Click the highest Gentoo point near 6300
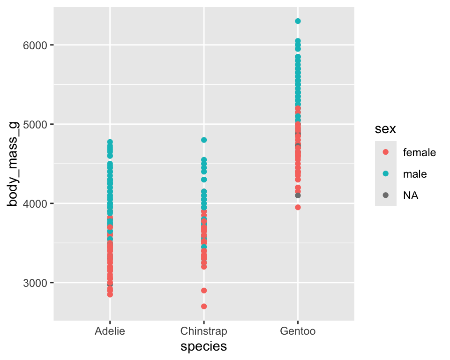(x=298, y=21)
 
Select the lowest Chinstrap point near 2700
(x=204, y=307)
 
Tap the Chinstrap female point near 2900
(x=204, y=291)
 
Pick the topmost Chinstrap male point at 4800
(x=204, y=140)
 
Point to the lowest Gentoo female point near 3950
(x=298, y=207)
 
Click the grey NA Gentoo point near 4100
(x=298, y=195)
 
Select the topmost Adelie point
(x=110, y=142)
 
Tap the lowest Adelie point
(x=110, y=294)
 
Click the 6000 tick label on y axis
(x=34, y=45)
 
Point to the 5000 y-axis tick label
(x=34, y=124)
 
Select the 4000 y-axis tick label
(x=34, y=203)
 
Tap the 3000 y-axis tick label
(x=34, y=283)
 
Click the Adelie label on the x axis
(x=110, y=331)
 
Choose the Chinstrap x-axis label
(x=204, y=331)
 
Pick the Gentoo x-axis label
(x=298, y=331)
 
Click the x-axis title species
(x=204, y=346)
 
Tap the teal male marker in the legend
(x=386, y=174)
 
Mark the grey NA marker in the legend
(x=386, y=196)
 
